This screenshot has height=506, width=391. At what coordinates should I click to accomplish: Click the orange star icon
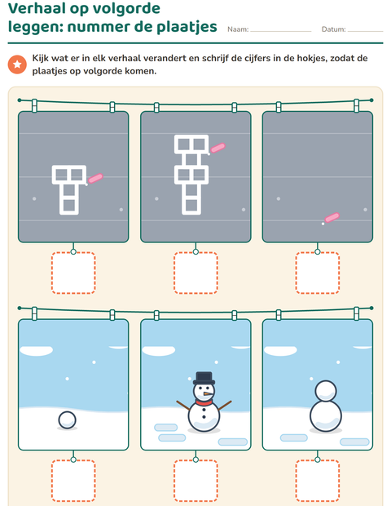[17, 64]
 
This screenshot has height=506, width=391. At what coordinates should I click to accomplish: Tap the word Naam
[238, 29]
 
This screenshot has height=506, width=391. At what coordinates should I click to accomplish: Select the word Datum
[334, 29]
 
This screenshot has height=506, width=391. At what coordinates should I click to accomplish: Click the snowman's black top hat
[204, 378]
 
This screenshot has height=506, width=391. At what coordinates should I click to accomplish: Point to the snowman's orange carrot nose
[209, 394]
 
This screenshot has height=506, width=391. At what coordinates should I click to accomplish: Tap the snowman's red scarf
[204, 402]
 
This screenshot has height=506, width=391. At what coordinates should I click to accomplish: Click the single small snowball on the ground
[68, 420]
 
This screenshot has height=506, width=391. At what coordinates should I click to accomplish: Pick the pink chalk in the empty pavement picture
[332, 218]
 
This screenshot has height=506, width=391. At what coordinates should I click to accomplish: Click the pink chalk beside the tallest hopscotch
[217, 148]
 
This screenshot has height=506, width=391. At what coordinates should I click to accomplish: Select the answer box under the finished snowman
[195, 481]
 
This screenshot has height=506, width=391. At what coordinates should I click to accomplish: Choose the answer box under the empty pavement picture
[318, 273]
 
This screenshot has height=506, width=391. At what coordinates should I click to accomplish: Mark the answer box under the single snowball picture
[73, 481]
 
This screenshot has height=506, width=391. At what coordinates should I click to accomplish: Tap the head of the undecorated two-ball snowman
[326, 391]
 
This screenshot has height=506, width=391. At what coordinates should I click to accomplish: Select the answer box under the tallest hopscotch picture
[195, 273]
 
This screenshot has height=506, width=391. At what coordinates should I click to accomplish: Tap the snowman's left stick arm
[183, 406]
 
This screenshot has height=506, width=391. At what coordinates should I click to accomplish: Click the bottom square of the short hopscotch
[69, 205]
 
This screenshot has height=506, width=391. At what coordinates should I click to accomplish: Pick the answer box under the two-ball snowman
[318, 481]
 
